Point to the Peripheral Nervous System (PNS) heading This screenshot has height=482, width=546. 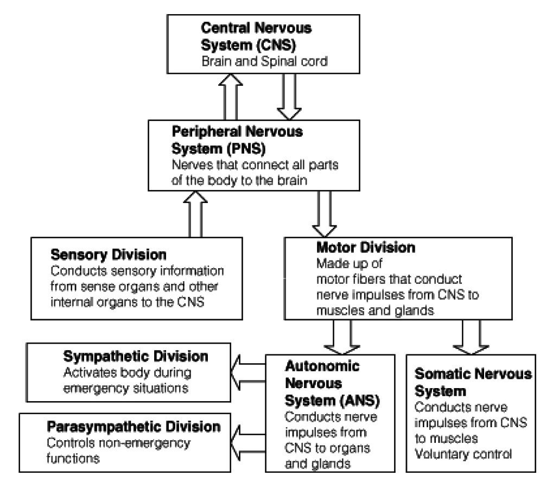(x=237, y=139)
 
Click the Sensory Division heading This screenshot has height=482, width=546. (x=109, y=255)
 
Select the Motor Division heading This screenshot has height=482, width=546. (x=365, y=248)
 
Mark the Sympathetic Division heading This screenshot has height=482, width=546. (x=136, y=357)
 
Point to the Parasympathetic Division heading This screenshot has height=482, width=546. (x=134, y=426)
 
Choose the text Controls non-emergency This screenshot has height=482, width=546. (x=119, y=443)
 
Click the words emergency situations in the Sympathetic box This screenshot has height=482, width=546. (x=126, y=388)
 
